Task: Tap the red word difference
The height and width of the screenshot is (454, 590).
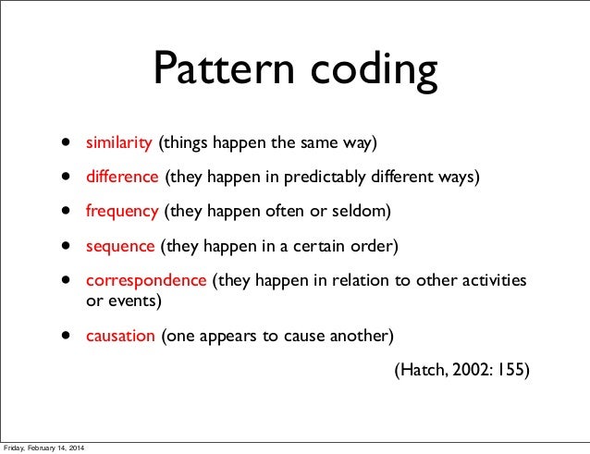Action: click(x=123, y=178)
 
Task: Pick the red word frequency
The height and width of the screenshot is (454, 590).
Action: click(x=123, y=212)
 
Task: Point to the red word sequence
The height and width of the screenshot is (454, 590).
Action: click(x=121, y=247)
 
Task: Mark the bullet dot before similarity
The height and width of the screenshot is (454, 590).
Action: click(x=68, y=144)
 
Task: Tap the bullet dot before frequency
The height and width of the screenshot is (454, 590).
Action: click(x=68, y=212)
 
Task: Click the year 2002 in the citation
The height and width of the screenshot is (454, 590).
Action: click(x=469, y=370)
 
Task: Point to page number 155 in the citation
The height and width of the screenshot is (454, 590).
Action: click(x=511, y=370)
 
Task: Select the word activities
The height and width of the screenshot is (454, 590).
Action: click(x=493, y=280)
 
